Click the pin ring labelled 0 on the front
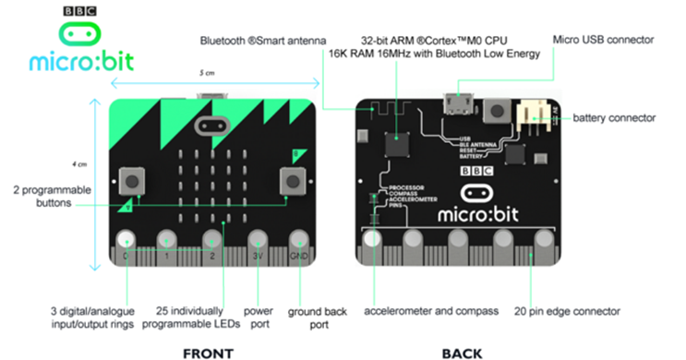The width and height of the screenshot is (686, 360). (x=125, y=242)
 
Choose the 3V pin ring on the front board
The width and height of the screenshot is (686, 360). (x=258, y=242)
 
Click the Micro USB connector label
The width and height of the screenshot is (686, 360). (x=603, y=40)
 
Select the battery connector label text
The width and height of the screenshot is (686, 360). (x=614, y=118)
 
